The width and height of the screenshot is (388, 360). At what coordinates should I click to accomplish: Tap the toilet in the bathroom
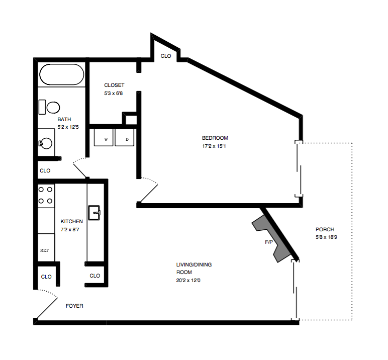[x=51, y=107]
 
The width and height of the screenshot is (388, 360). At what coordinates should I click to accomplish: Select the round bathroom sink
[x=47, y=142]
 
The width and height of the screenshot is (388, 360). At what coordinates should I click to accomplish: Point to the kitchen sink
[x=95, y=213]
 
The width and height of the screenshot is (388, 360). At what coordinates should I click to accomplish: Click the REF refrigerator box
[x=45, y=249]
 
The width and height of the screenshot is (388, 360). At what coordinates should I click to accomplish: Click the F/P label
[x=268, y=242]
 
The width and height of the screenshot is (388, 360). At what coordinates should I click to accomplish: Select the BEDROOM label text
[x=215, y=138]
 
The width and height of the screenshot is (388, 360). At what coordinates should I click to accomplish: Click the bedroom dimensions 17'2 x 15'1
[x=215, y=146]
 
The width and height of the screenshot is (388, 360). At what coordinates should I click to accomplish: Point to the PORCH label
[x=325, y=229]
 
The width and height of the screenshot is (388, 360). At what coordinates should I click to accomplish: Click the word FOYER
[x=74, y=306]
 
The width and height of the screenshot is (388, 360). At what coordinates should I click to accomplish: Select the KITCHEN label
[x=72, y=221]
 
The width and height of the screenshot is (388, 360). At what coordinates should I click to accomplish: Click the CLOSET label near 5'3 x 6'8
[x=114, y=85]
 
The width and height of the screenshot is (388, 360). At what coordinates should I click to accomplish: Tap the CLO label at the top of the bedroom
[x=166, y=56]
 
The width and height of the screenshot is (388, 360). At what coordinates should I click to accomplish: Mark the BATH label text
[x=64, y=119]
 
